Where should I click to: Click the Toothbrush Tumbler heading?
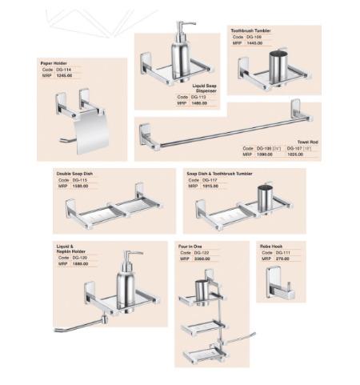click(250, 30)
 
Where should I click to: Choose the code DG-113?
click(199, 97)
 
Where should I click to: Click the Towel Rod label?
click(308, 142)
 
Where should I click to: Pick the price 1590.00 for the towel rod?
click(264, 154)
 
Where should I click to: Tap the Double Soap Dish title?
click(74, 174)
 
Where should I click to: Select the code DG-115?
click(79, 180)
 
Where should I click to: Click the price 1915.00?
click(210, 186)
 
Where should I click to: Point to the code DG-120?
click(80, 258)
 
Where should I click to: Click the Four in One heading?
click(193, 246)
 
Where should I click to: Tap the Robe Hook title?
click(271, 246)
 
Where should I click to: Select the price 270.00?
click(282, 259)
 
